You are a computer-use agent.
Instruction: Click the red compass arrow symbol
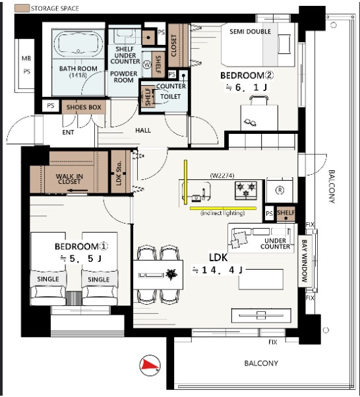(150, 365)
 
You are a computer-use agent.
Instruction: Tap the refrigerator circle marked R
(280, 190)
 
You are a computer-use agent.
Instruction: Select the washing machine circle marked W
(147, 65)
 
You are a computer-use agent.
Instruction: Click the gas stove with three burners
(246, 191)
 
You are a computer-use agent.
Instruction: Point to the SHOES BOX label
(84, 107)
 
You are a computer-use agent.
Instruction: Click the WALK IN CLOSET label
(69, 179)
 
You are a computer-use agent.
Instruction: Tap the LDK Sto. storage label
(119, 173)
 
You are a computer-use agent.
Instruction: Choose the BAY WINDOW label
(305, 261)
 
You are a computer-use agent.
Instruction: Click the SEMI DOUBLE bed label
(250, 32)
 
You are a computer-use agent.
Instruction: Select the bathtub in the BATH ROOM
(78, 44)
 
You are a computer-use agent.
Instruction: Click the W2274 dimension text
(222, 175)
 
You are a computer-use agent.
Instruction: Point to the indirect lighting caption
(223, 213)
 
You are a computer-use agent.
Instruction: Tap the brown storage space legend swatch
(22, 9)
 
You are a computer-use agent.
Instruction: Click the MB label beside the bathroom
(26, 59)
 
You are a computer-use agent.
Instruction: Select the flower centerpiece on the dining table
(171, 274)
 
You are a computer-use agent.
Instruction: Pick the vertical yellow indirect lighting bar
(185, 182)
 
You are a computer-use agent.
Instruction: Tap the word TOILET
(170, 97)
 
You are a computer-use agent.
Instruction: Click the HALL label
(143, 131)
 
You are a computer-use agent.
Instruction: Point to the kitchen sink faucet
(203, 194)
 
